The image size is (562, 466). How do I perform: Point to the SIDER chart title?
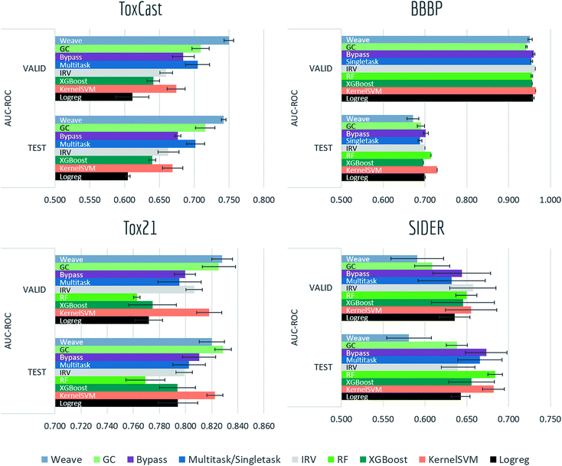443,233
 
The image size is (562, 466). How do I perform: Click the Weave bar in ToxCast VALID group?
142,41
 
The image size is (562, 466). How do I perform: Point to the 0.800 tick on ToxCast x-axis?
263,201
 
